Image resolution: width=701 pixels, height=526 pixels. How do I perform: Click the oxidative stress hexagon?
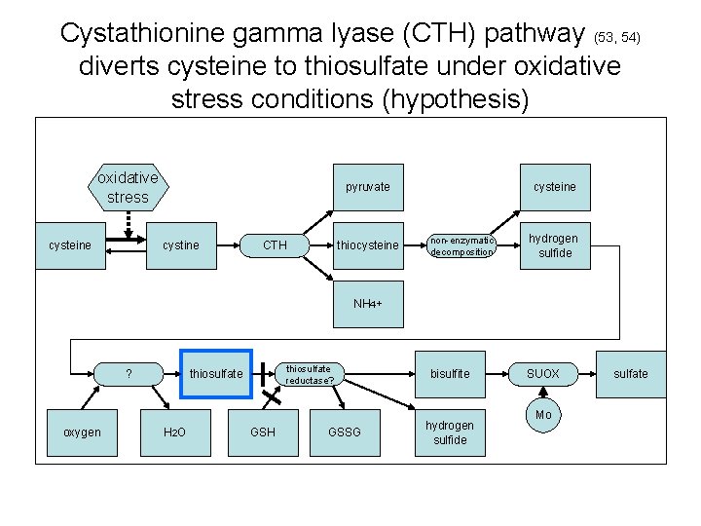tap(128, 188)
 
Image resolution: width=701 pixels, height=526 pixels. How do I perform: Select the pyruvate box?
tap(367, 187)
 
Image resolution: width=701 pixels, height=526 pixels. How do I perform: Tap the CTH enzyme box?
tap(276, 245)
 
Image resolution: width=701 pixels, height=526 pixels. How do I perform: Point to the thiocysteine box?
tap(367, 245)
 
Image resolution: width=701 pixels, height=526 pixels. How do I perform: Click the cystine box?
tap(181, 245)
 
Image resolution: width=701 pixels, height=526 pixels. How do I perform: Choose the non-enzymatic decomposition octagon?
tap(461, 245)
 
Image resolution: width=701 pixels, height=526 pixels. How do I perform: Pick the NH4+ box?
tap(367, 304)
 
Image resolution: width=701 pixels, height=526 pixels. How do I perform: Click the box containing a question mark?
tap(129, 374)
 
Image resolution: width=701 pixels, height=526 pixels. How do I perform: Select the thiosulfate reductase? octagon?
tap(308, 374)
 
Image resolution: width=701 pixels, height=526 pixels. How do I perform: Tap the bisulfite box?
tap(450, 374)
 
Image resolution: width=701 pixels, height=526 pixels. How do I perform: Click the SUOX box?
tap(543, 374)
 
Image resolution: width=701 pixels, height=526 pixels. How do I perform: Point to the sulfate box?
tap(631, 374)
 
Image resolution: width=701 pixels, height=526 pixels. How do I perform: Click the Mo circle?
tap(543, 415)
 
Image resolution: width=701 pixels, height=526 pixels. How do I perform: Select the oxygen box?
tap(82, 432)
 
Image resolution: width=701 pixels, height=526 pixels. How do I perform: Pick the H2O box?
tap(176, 432)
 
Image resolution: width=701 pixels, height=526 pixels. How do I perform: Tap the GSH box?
tap(263, 432)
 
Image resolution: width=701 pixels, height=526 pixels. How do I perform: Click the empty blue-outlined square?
tap(216, 374)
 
